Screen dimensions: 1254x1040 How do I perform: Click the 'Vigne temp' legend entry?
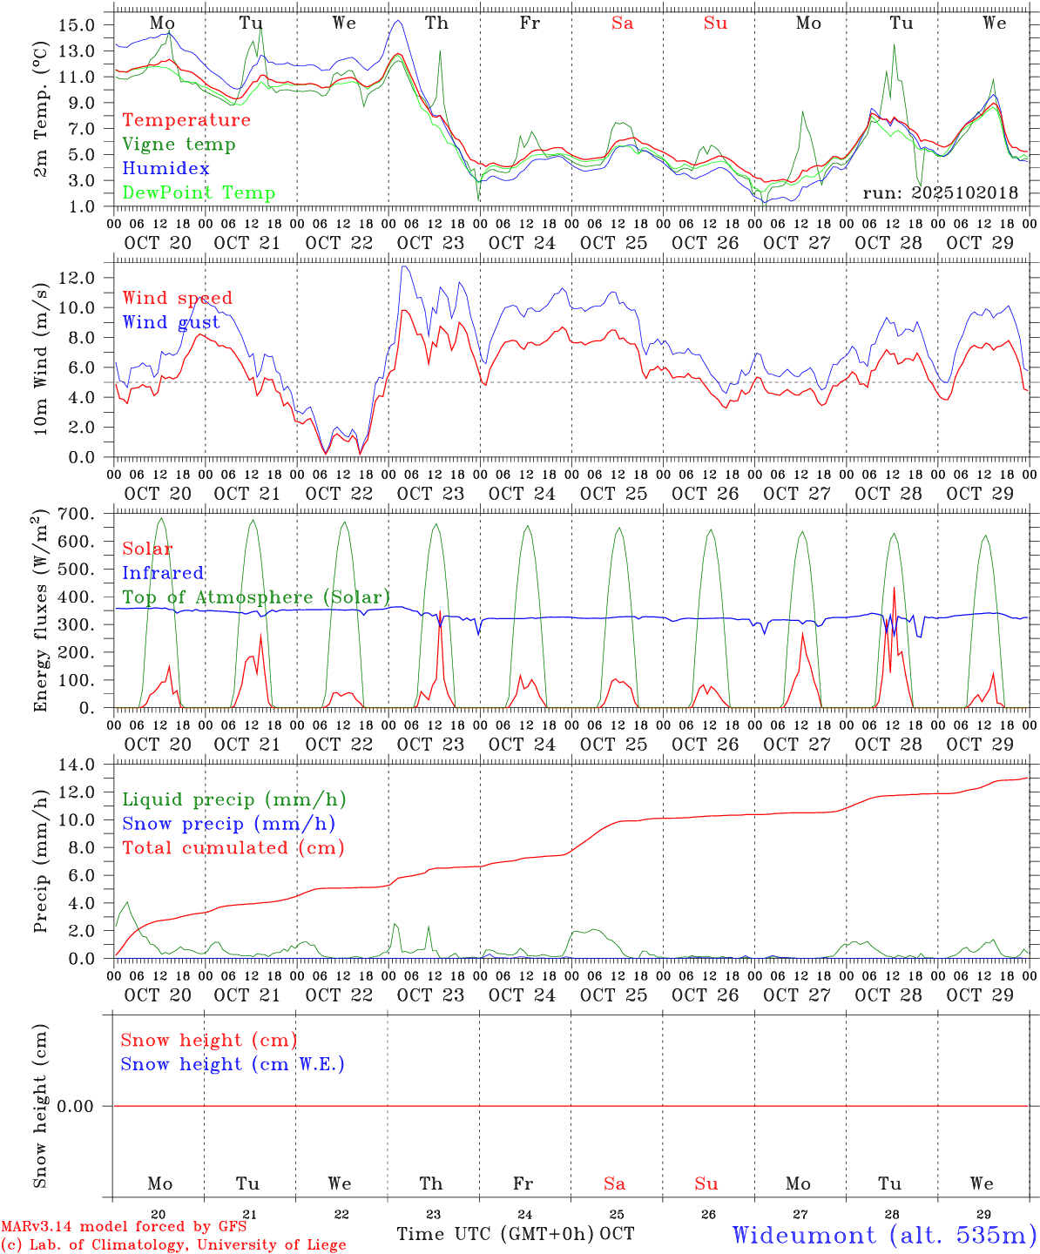coord(179,145)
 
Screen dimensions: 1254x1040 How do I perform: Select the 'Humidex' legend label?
coord(165,169)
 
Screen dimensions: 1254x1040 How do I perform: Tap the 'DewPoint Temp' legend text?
coord(199,193)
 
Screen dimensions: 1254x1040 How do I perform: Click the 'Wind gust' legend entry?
coord(171,322)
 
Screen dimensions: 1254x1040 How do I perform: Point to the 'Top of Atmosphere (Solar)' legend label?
coord(256,597)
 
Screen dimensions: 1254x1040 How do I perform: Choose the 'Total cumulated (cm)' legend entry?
coord(233,848)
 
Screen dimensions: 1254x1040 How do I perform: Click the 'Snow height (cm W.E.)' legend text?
coord(233,1064)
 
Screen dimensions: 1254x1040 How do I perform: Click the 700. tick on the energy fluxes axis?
coord(78,515)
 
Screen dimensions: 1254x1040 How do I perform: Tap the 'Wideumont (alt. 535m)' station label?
coord(885,1235)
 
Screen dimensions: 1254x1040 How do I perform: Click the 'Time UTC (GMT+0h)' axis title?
coord(496,1234)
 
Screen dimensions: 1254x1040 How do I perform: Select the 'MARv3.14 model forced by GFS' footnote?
coord(124,1227)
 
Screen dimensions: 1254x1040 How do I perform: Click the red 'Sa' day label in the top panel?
coord(622,24)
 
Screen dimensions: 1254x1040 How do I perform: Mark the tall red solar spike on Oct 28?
coord(894,589)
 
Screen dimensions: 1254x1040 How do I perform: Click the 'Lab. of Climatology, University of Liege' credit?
coord(174,1245)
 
